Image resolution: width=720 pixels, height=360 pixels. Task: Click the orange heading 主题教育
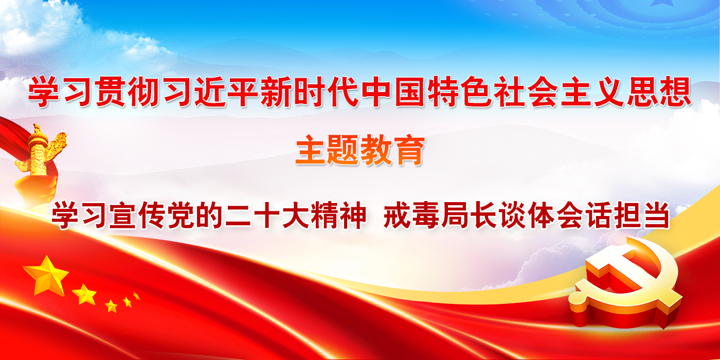360,150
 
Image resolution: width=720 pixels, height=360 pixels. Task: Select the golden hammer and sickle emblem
625,283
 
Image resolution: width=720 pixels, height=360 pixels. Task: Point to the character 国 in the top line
410,92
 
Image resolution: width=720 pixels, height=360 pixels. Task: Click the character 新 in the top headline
276,92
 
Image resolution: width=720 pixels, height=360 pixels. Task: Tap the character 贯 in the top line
111,92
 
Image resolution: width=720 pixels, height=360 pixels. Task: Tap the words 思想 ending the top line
659,92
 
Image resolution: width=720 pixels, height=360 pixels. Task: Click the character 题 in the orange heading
344,150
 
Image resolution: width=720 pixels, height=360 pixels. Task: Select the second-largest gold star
84,294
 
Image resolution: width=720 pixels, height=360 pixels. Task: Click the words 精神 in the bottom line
338,215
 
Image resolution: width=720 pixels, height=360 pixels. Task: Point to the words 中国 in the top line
394,92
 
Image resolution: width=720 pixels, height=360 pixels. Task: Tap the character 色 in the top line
477,92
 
